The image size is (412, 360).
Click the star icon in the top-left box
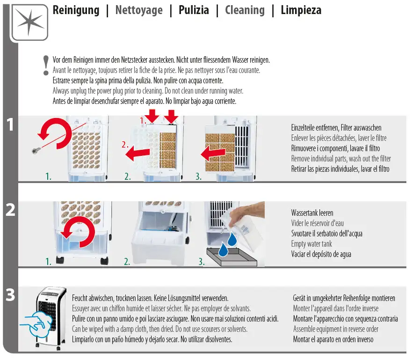(29, 22)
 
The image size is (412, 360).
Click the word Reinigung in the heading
(76, 10)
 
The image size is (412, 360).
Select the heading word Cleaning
(245, 10)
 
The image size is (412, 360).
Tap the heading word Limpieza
(301, 10)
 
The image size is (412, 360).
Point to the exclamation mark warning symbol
(45, 65)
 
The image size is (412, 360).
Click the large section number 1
(10, 125)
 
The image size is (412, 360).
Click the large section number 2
(10, 210)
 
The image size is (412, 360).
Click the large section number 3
(10, 296)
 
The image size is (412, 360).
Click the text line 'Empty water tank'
(311, 244)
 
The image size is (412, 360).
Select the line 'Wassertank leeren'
(312, 213)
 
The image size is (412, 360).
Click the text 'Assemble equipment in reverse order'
(336, 329)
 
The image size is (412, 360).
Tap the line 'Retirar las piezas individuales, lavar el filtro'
(340, 169)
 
